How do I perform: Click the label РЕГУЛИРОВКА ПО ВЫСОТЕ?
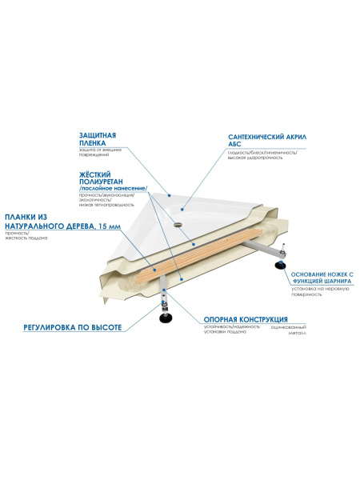point(71,328)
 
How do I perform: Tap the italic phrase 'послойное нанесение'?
point(107,189)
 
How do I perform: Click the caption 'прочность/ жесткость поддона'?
point(21,238)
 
